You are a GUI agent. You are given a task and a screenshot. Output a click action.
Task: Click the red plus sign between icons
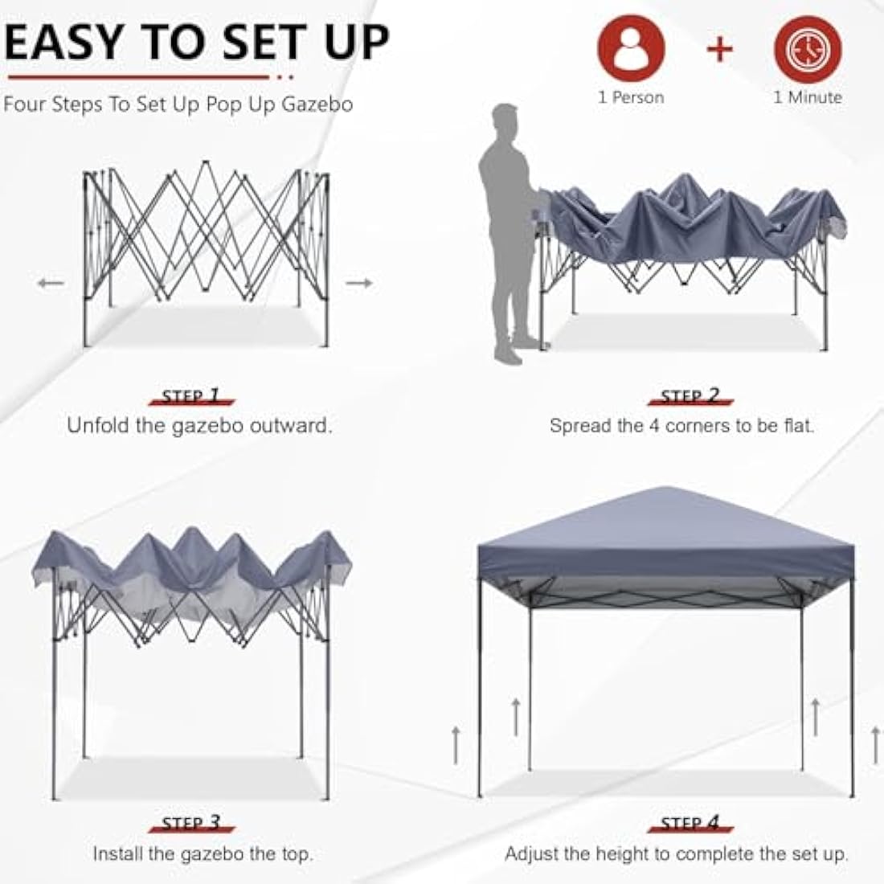pyautogui.click(x=720, y=49)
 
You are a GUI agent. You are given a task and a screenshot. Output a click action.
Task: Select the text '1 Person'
pyautogui.click(x=631, y=97)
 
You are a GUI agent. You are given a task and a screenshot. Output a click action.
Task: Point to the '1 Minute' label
pyautogui.click(x=808, y=97)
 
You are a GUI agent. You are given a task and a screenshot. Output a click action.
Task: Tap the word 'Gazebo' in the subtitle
pyautogui.click(x=317, y=105)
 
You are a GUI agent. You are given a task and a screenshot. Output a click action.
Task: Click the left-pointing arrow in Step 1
pyautogui.click(x=50, y=283)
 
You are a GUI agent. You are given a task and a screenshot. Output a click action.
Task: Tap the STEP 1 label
pyautogui.click(x=190, y=396)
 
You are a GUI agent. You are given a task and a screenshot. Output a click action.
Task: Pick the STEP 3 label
pyautogui.click(x=190, y=823)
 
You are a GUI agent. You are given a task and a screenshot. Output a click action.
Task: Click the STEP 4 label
pyautogui.click(x=690, y=823)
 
